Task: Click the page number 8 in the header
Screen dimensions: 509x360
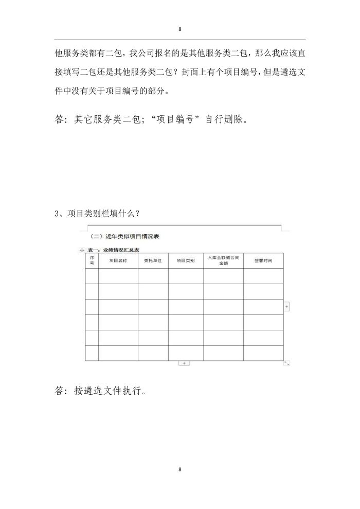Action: [x=180, y=29]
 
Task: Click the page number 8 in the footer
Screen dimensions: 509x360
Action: [x=180, y=469]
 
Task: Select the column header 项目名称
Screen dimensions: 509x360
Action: [x=118, y=261]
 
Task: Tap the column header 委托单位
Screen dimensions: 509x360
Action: [x=153, y=261]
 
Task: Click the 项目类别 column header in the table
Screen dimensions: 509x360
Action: [x=186, y=261]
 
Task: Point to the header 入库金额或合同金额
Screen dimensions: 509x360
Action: [x=223, y=260]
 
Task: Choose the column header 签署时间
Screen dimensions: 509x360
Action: [x=263, y=261]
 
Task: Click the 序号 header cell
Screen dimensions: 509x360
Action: [x=92, y=260]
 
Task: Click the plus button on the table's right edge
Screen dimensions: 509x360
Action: [x=287, y=307]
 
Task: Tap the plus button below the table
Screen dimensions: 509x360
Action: [x=184, y=363]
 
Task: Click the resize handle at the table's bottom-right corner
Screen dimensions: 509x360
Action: [x=287, y=363]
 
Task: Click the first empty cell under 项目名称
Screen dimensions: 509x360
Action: [x=118, y=276]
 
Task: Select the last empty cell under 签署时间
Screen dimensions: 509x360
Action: [x=263, y=353]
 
